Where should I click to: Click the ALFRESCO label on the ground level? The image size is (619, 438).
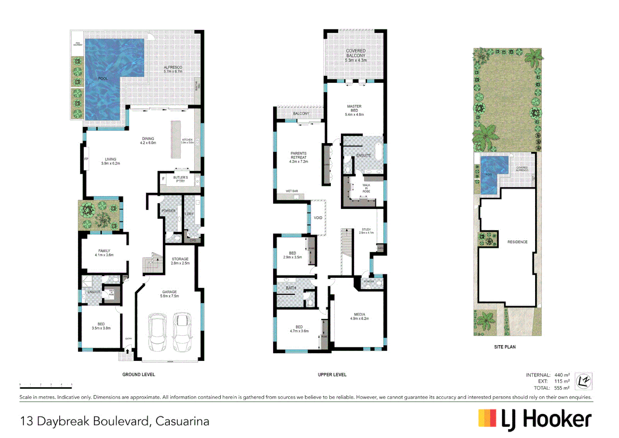tap(173, 69)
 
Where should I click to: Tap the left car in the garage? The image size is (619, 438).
tap(157, 332)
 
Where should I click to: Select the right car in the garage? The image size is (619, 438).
tap(182, 332)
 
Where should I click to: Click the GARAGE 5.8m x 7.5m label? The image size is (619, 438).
tap(169, 294)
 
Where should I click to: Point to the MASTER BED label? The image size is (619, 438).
tap(354, 110)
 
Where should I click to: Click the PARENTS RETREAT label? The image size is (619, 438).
tap(299, 157)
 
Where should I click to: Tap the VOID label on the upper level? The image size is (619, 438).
tap(318, 218)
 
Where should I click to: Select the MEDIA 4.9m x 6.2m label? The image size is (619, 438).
tap(360, 316)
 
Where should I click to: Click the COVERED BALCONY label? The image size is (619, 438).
tap(356, 56)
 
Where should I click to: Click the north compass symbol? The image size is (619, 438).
tap(584, 381)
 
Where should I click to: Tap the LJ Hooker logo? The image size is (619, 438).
tap(535, 419)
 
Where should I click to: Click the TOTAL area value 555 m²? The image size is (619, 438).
tap(562, 388)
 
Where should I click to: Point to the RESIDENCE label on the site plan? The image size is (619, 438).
tap(518, 242)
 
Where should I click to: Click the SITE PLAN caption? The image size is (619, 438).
tap(505, 347)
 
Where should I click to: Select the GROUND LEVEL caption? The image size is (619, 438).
tap(139, 375)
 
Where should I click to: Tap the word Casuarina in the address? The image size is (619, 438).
tap(182, 421)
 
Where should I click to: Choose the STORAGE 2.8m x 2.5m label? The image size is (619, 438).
tap(180, 261)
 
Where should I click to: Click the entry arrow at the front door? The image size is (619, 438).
tap(128, 351)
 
